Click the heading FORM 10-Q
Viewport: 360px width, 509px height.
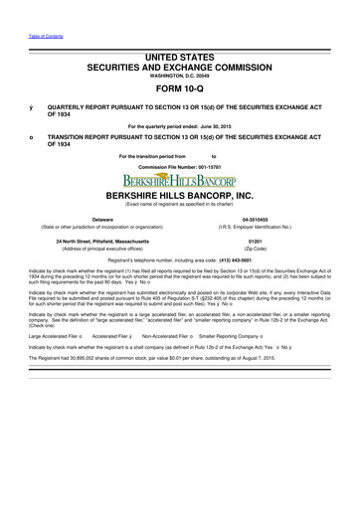[180, 85]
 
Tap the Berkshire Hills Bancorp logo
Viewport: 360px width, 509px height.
[179, 181]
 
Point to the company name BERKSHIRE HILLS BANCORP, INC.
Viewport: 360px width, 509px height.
[180, 199]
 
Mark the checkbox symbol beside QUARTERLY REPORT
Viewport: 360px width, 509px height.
[32, 103]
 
